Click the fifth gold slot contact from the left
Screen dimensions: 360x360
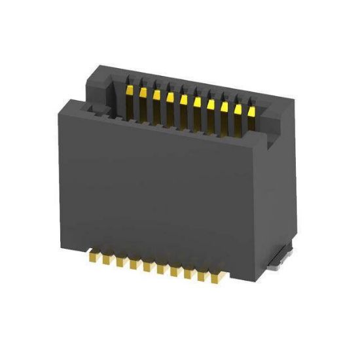click(183, 98)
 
